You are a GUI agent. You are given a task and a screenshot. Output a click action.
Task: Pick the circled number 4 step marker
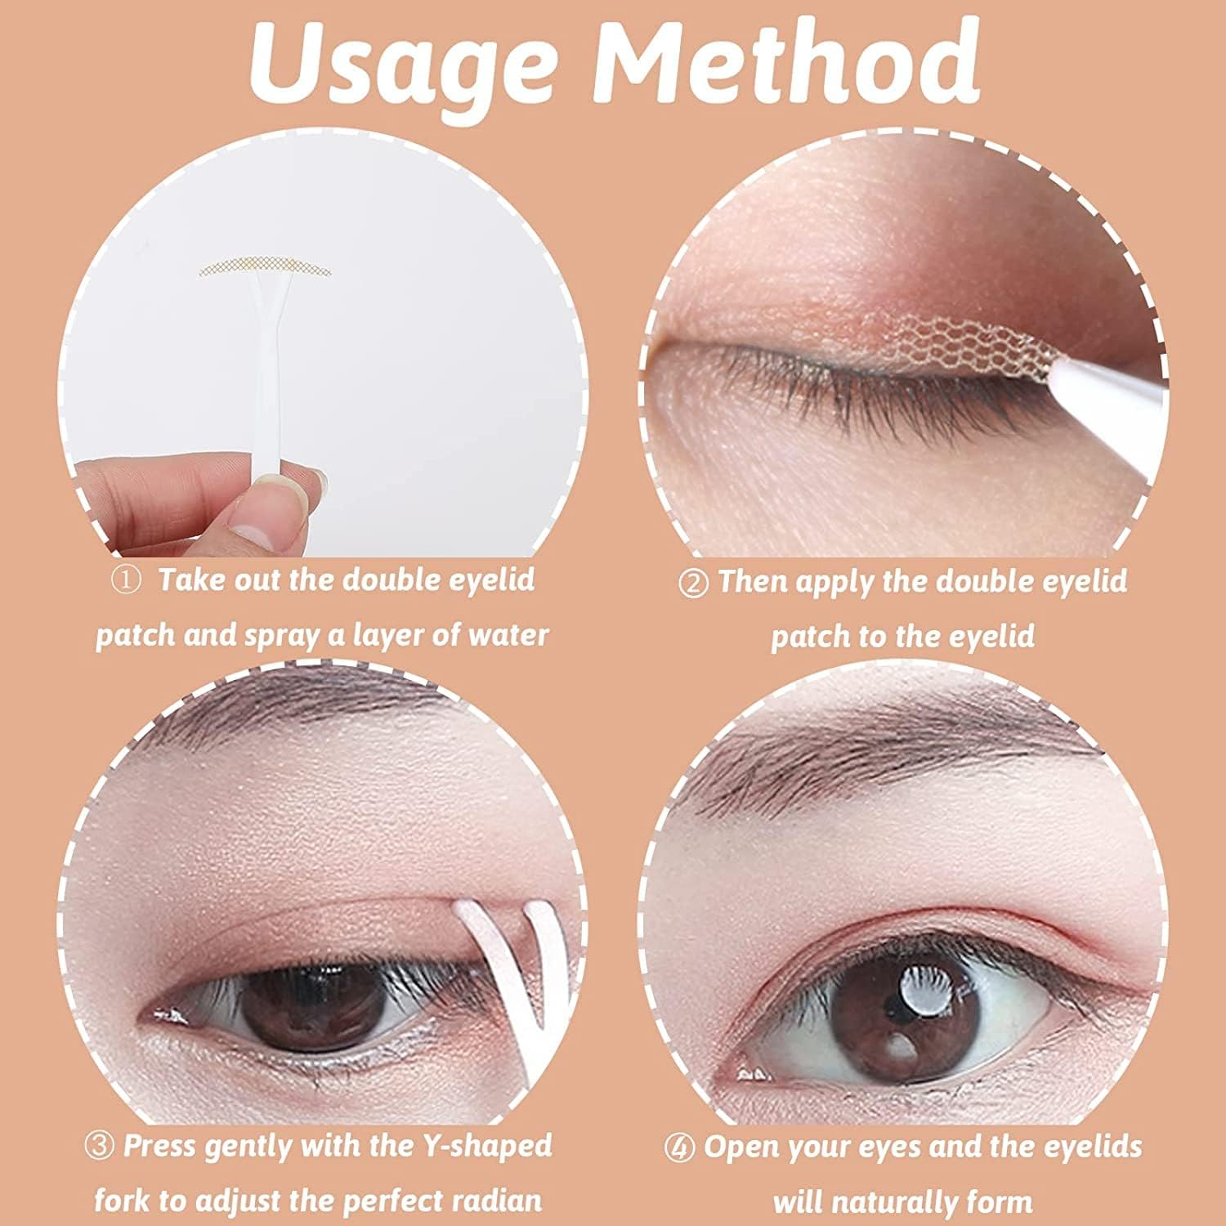coord(679,1148)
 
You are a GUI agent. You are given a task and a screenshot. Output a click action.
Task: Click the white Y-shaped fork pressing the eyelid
coord(507,964)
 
